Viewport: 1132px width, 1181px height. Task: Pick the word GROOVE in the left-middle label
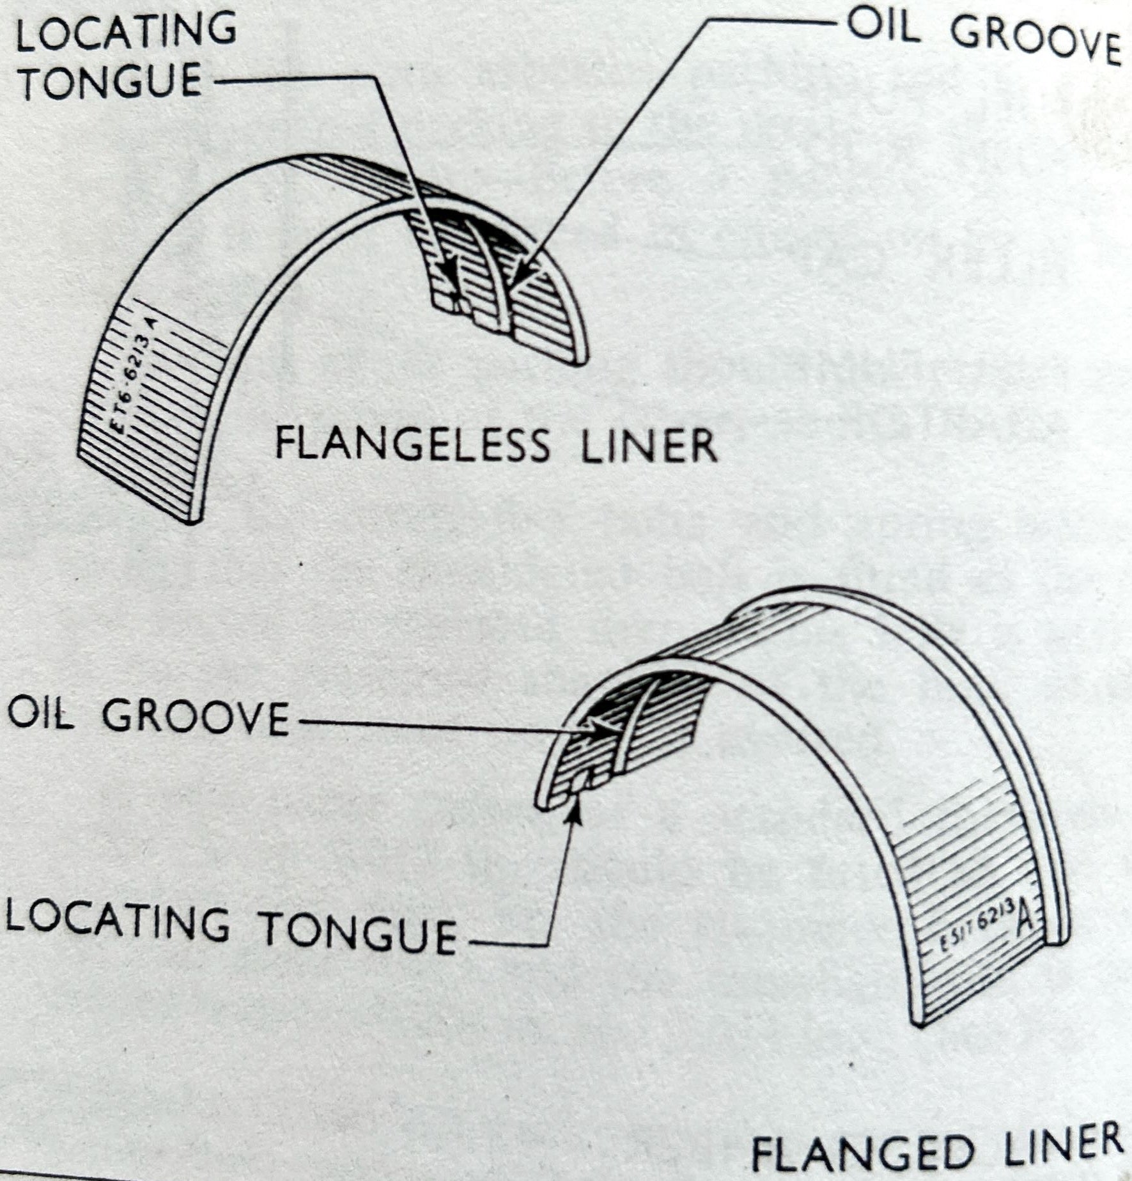click(x=196, y=718)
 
